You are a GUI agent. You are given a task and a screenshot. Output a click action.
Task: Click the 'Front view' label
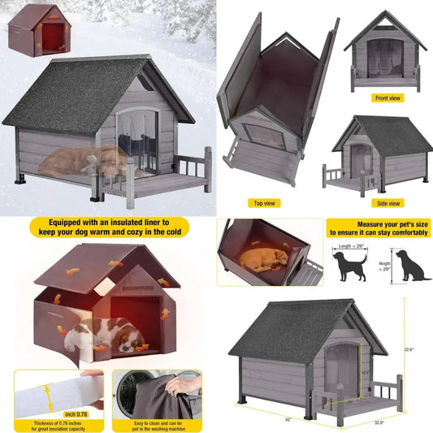pos(386,97)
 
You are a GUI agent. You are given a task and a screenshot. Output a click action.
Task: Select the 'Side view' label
pos(386,203)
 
